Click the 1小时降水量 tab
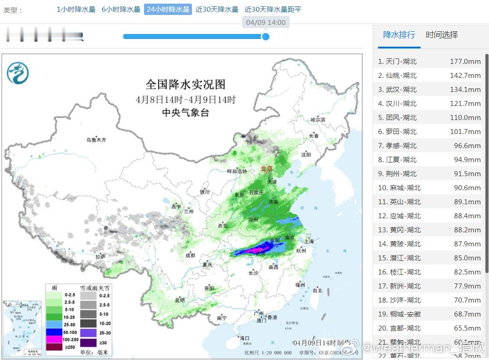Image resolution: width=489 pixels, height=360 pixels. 76,10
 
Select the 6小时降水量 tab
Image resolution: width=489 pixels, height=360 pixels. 121,10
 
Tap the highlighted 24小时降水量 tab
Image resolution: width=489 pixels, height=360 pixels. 168,10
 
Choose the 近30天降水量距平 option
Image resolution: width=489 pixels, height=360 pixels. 273,10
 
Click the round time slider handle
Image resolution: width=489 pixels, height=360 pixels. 266,36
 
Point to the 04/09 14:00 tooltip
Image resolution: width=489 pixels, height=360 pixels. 266,22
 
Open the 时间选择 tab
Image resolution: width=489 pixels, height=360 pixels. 441,35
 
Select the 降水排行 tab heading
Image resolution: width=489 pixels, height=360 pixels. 399,35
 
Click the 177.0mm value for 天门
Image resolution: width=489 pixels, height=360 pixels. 465,62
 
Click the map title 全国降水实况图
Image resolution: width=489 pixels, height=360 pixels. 185,84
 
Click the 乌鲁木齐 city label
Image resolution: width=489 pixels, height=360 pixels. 96,140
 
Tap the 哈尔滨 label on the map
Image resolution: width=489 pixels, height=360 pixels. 317,120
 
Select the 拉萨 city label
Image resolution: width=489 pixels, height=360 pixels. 100,257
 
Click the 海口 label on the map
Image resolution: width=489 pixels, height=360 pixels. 244,338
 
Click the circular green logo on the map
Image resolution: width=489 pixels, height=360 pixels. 18,73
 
